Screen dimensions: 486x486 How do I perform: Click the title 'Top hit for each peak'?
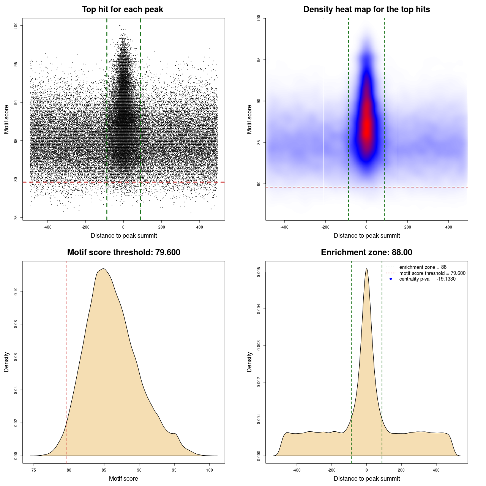coord(122,9)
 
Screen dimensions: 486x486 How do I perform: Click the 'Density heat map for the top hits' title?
coord(366,9)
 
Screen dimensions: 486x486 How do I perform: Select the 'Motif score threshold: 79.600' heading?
coord(123,252)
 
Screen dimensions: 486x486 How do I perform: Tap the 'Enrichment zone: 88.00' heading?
coord(366,252)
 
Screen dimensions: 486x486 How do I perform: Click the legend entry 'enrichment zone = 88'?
coord(423,267)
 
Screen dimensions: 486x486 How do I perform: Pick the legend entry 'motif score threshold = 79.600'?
coord(432,273)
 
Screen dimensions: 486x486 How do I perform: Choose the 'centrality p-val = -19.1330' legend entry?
coord(427,279)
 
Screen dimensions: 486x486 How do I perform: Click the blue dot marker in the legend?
coord(391,279)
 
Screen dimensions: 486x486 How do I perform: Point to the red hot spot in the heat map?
coord(366,125)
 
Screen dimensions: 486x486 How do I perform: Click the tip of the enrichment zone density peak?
coord(366,269)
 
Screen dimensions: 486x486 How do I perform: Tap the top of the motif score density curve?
coord(103,269)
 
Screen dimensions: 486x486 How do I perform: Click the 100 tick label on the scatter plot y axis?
coord(16,25)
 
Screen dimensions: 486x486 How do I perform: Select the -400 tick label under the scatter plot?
coord(47,227)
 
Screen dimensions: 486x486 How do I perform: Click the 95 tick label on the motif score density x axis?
coord(174,470)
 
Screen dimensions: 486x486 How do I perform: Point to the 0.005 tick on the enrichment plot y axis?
coord(259,272)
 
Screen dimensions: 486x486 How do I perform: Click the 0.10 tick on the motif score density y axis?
coord(16,291)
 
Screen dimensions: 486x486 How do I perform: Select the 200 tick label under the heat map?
coord(407,227)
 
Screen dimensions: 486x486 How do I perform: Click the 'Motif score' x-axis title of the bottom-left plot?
coord(123,478)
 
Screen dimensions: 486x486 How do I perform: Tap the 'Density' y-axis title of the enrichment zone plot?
coord(249,362)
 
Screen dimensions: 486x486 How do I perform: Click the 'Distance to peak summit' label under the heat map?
coord(366,235)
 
